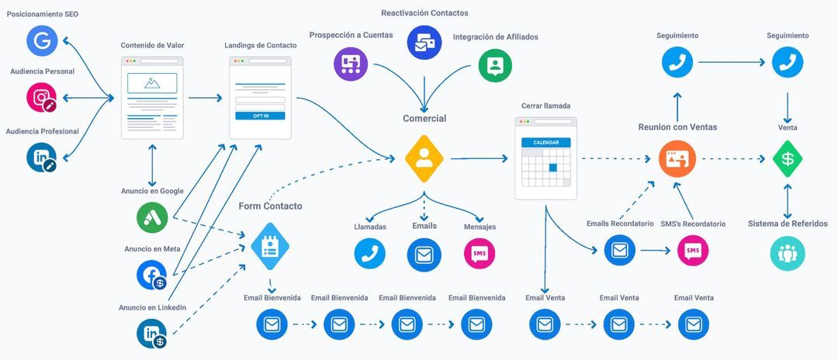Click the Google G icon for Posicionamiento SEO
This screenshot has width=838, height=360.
(x=43, y=41)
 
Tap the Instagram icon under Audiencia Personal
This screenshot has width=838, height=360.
(x=42, y=99)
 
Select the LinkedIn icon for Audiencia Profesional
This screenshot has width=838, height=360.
(x=42, y=157)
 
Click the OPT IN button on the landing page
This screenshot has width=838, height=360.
(x=260, y=116)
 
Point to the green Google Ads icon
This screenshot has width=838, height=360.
(x=152, y=217)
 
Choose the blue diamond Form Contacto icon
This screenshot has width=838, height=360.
(x=270, y=247)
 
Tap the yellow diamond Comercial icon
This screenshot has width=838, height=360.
(x=424, y=157)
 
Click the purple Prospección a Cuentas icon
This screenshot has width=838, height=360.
(x=351, y=64)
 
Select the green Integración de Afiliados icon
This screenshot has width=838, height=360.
(x=495, y=65)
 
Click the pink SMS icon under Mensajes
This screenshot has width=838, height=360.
(x=480, y=254)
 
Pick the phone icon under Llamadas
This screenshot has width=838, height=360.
(x=370, y=254)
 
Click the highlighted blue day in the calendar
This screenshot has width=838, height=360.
(x=552, y=168)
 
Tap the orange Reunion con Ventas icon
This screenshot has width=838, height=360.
(x=672, y=158)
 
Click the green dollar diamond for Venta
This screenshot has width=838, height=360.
(x=788, y=158)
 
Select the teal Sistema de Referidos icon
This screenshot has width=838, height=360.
(x=788, y=254)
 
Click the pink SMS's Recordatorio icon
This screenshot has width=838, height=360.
(x=692, y=251)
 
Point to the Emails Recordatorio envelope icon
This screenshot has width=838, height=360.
(x=619, y=251)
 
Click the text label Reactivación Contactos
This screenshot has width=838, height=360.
(x=424, y=13)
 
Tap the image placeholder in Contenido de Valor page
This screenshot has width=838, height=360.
(x=152, y=83)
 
